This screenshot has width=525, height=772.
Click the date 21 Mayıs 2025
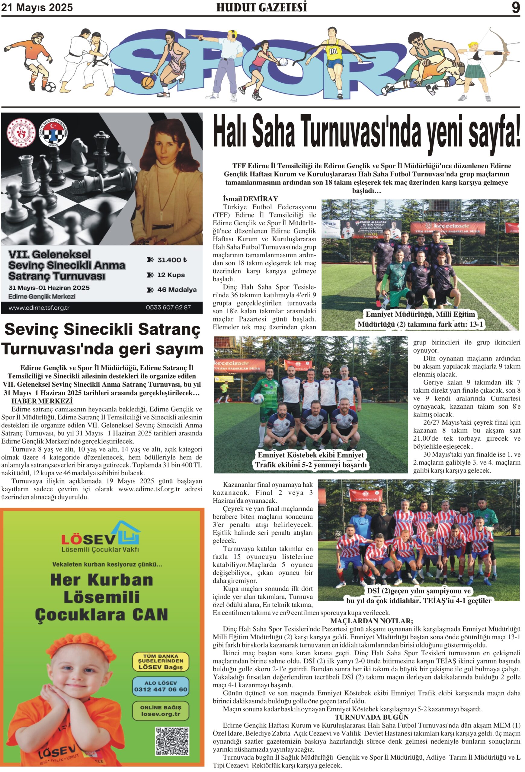tap(37, 7)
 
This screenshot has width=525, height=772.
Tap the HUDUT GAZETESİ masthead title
tap(261, 7)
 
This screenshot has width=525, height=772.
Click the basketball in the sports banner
tap(148, 82)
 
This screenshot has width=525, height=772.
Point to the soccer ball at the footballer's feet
tap(50, 87)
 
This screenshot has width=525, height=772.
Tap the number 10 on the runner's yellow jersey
tap(333, 51)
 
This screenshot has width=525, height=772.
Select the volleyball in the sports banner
tap(283, 62)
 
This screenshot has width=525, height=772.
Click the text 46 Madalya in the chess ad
tap(177, 290)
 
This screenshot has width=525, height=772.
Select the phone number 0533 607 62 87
tap(168, 307)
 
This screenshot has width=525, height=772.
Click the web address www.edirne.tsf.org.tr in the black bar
tap(39, 308)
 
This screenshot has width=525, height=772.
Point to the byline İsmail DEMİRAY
tap(250, 199)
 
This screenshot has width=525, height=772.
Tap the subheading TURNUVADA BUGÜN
tap(371, 717)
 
